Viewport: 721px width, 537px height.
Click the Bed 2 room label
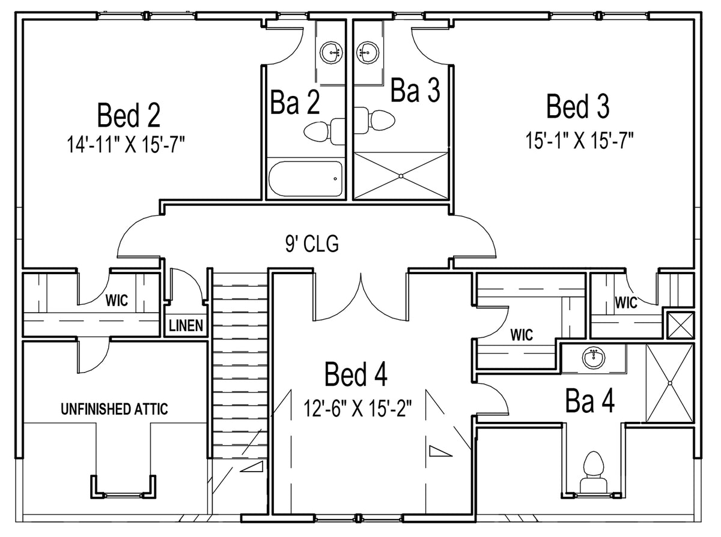tap(129, 115)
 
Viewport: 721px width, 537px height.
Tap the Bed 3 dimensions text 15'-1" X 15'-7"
tap(579, 140)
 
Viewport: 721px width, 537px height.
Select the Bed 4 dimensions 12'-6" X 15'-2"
tap(357, 408)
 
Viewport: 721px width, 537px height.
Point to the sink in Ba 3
tap(368, 52)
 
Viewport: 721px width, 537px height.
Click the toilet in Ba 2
tap(324, 131)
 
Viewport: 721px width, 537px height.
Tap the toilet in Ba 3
tap(374, 120)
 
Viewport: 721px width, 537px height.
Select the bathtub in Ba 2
tap(305, 179)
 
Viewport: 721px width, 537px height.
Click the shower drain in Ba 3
tap(401, 176)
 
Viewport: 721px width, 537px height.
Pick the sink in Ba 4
tap(594, 358)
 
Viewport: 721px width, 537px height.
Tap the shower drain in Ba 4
tap(670, 383)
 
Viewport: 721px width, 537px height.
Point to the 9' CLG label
tap(312, 244)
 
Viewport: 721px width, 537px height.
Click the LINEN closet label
tap(186, 326)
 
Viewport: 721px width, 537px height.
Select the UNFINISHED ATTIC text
tap(114, 409)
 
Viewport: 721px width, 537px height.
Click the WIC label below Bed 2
tap(117, 300)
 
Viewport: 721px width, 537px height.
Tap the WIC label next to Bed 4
tap(522, 335)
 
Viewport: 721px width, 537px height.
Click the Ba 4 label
tap(590, 401)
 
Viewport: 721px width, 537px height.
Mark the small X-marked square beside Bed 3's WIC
tap(681, 325)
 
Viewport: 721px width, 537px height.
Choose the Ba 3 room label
tap(415, 89)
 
